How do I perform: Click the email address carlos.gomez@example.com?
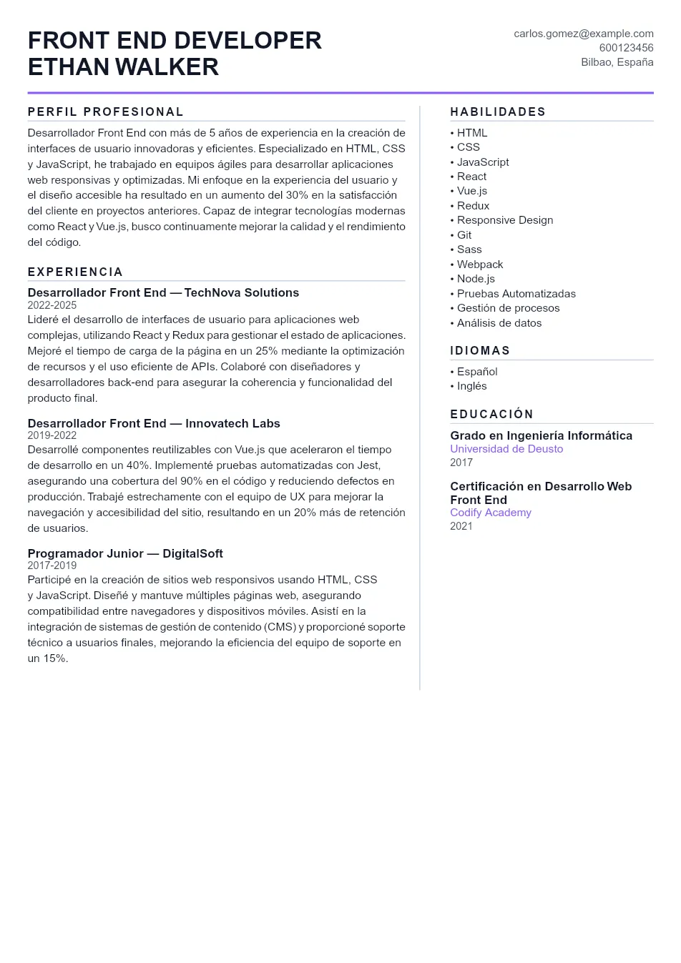pyautogui.click(x=583, y=34)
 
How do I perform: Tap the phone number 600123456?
pyautogui.click(x=626, y=48)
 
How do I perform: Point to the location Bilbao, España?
pyautogui.click(x=617, y=62)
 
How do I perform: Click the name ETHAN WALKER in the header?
pyautogui.click(x=123, y=66)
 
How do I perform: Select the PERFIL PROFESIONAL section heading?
pyautogui.click(x=106, y=112)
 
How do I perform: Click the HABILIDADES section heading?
pyautogui.click(x=498, y=112)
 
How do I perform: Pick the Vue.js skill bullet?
pyautogui.click(x=471, y=191)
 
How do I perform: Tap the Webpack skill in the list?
pyautogui.click(x=479, y=265)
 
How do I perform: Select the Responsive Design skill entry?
pyautogui.click(x=504, y=220)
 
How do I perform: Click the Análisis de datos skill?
pyautogui.click(x=499, y=323)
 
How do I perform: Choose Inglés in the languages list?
pyautogui.click(x=471, y=386)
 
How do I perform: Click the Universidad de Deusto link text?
pyautogui.click(x=506, y=449)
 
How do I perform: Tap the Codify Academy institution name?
pyautogui.click(x=491, y=513)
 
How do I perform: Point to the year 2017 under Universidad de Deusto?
pyautogui.click(x=461, y=463)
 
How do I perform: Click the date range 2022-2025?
pyautogui.click(x=52, y=305)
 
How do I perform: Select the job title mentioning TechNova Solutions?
pyautogui.click(x=163, y=292)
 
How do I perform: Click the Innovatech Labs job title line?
pyautogui.click(x=154, y=423)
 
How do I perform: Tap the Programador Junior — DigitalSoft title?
pyautogui.click(x=125, y=553)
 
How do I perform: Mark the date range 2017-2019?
pyautogui.click(x=52, y=566)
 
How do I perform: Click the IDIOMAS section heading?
pyautogui.click(x=480, y=350)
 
